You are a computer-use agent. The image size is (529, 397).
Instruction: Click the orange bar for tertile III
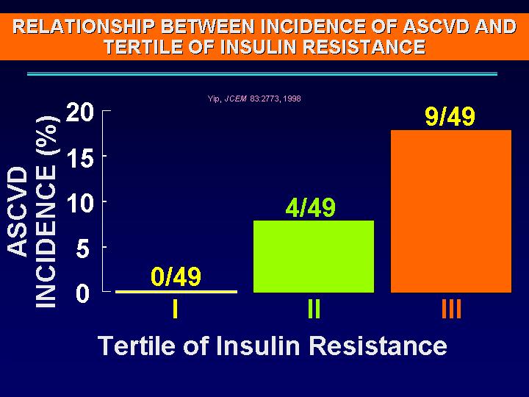[x=451, y=211]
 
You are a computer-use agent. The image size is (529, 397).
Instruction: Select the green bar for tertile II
[x=314, y=257]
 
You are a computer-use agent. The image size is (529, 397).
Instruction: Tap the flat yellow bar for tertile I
[x=176, y=292]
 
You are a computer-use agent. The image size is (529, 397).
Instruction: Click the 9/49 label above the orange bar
[x=450, y=116]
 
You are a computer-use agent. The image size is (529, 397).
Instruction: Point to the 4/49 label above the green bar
[x=311, y=207]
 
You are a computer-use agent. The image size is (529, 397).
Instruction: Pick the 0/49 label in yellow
[x=176, y=276]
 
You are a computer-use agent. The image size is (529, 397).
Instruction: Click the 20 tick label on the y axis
[x=79, y=112]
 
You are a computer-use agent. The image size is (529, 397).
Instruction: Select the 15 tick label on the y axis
[x=81, y=158]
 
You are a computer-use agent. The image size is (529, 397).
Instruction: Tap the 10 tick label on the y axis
[x=80, y=203]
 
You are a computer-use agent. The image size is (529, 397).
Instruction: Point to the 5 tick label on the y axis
[x=82, y=249]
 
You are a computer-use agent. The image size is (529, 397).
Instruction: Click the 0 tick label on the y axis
[x=82, y=293]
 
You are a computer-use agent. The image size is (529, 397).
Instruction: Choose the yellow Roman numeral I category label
[x=175, y=309]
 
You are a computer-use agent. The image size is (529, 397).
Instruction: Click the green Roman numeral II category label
[x=314, y=309]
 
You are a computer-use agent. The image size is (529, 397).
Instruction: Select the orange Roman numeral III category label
[x=451, y=309]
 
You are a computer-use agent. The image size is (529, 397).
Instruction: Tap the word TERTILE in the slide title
[x=143, y=46]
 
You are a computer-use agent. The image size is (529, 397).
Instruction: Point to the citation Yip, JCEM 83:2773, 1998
[x=254, y=99]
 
